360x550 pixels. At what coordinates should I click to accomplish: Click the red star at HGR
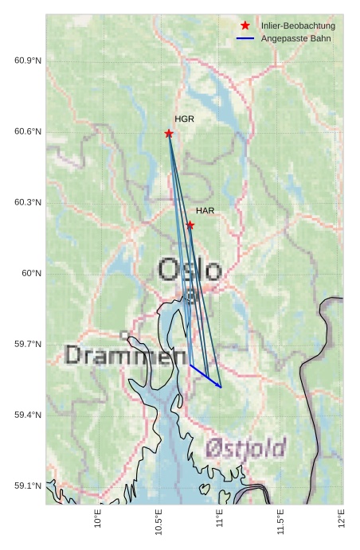coord(169,134)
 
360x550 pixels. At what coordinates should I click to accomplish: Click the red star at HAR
coord(190,225)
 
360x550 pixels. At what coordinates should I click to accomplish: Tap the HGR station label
coord(184,119)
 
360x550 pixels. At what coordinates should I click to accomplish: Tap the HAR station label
coord(205,211)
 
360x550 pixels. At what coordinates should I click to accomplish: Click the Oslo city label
coord(190,271)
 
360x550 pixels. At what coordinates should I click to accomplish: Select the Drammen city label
coord(119,355)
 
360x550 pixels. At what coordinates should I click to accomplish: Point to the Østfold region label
coord(245,449)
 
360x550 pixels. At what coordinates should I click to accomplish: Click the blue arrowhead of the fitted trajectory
coord(220,386)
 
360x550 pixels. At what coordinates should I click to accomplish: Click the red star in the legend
coord(245,26)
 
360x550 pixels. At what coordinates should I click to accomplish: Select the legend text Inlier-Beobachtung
coord(298,26)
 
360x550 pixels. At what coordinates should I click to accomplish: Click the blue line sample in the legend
coord(245,38)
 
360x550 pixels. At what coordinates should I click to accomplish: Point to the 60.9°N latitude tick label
coord(28,61)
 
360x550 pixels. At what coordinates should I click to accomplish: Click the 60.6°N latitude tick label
coord(28,132)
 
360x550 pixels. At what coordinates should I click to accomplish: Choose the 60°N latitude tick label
coord(31,274)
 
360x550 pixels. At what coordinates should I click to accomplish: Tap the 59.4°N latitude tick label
coord(28,415)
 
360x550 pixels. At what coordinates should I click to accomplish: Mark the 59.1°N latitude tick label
coord(28,486)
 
